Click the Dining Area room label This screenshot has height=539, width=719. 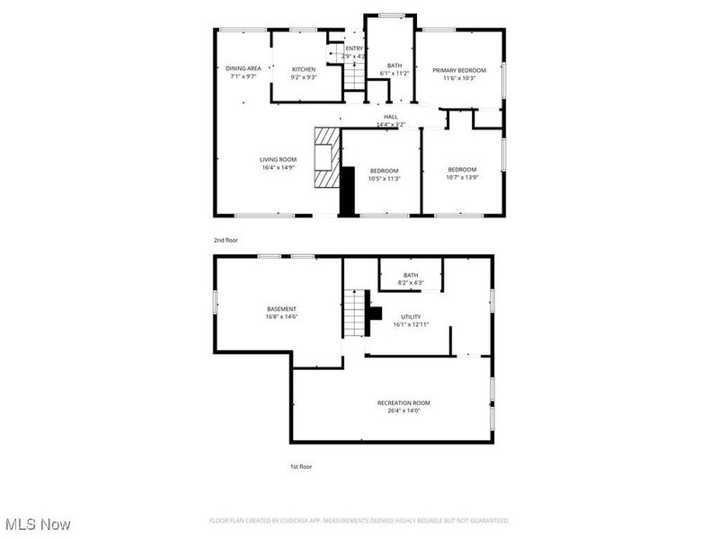[x=243, y=68]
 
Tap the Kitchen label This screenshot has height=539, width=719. [x=304, y=69]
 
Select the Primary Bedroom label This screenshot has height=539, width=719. [x=458, y=70]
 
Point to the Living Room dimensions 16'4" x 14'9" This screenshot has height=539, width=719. [x=279, y=167]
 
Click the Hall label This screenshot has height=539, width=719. [x=391, y=117]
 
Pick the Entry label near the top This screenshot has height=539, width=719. [x=354, y=49]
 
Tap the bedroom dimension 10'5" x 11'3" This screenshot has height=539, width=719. [x=385, y=178]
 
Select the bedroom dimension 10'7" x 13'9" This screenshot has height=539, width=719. [x=462, y=178]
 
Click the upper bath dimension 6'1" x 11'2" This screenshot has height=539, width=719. [x=395, y=74]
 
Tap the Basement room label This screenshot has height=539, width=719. [x=281, y=309]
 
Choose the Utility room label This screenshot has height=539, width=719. [x=411, y=316]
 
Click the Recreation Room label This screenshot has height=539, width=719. [x=404, y=402]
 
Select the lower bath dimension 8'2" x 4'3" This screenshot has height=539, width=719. [x=411, y=283]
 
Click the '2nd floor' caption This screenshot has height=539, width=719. [x=226, y=240]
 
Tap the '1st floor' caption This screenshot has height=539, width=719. [x=300, y=466]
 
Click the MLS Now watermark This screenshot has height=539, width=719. [x=37, y=523]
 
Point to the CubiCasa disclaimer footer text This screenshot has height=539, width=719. [x=359, y=520]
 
